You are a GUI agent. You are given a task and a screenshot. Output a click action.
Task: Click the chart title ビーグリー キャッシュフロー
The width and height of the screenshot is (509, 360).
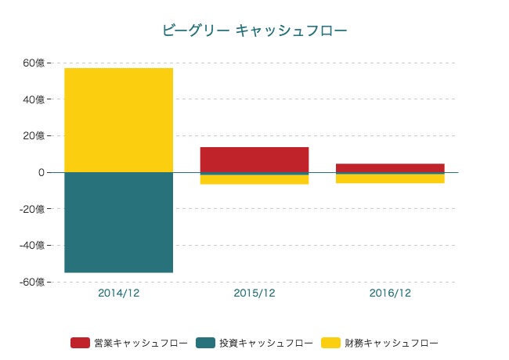click(254, 31)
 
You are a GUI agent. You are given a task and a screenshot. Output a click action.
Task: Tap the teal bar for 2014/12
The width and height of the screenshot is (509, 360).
click(119, 222)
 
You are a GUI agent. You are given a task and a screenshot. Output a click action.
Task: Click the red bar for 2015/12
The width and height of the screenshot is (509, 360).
click(254, 159)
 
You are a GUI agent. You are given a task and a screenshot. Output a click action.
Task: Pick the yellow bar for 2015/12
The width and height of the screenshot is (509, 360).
click(254, 180)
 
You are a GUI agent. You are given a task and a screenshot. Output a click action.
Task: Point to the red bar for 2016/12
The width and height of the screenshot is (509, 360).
click(390, 167)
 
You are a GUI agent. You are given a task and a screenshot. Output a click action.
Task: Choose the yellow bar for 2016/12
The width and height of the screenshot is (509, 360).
click(390, 178)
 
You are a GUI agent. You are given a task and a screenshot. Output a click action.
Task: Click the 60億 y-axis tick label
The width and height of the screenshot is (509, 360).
click(37, 63)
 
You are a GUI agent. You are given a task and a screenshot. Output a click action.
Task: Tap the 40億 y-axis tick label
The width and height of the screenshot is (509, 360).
click(37, 99)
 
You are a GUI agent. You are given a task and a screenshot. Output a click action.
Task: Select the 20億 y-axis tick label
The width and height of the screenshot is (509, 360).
click(37, 135)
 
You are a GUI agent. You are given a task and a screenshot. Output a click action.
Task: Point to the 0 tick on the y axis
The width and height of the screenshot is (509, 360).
click(41, 172)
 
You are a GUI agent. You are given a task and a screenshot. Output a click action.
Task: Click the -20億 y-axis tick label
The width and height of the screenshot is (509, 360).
click(35, 209)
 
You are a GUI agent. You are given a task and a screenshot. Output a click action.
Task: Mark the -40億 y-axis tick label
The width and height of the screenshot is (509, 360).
click(35, 245)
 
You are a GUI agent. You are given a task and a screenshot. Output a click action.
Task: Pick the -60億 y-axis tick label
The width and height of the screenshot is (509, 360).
click(35, 282)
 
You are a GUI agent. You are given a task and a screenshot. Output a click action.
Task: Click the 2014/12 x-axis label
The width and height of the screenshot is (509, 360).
click(119, 293)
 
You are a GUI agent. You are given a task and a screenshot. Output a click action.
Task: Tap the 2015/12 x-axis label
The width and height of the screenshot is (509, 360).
click(254, 293)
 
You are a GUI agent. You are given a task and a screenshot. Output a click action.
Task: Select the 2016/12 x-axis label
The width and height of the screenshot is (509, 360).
click(390, 293)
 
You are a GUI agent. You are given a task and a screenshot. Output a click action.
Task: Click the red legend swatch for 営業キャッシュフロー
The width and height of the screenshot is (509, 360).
click(80, 343)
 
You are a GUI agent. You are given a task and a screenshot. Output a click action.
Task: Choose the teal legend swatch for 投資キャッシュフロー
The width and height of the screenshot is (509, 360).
click(205, 343)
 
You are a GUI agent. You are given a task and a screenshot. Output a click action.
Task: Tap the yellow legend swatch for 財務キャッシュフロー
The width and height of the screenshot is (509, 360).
click(330, 343)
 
